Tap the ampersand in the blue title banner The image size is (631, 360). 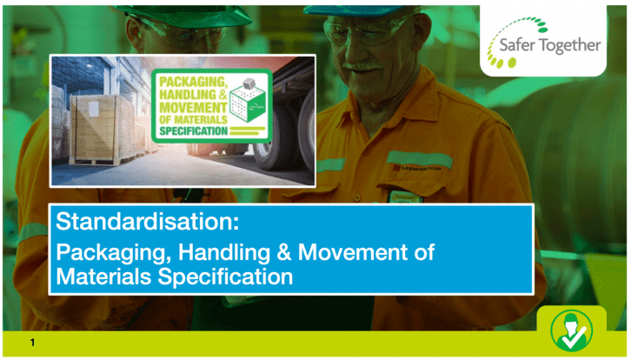click(x=283, y=252)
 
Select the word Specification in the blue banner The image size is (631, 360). click(x=225, y=277)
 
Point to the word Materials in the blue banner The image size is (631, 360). click(x=103, y=277)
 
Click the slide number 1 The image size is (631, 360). click(x=33, y=343)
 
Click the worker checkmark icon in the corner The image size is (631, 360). click(x=571, y=330)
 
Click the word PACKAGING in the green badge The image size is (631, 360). click(x=193, y=82)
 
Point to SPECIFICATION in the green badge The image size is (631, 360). click(x=194, y=131)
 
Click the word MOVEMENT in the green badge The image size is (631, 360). click(x=193, y=108)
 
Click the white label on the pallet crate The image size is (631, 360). click(x=93, y=109)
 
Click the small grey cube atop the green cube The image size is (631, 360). click(x=249, y=83)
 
